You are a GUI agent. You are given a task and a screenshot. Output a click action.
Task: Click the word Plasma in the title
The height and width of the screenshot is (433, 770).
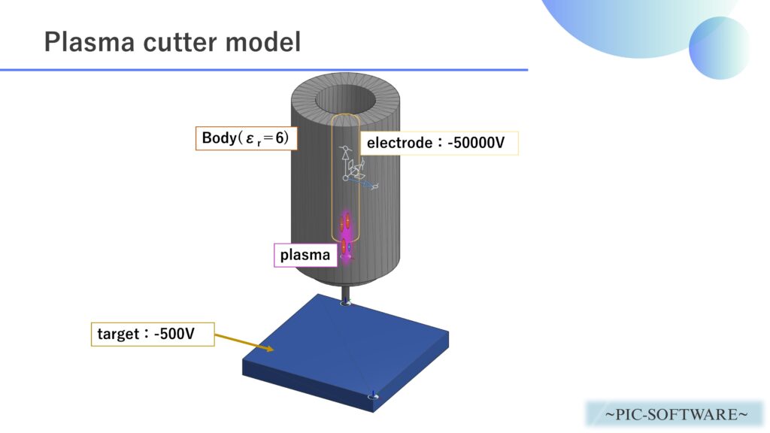pos(83,41)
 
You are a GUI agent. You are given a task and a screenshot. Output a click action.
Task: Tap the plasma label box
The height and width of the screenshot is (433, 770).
pos(305,255)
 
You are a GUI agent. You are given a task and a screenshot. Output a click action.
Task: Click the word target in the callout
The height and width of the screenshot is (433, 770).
pos(117,333)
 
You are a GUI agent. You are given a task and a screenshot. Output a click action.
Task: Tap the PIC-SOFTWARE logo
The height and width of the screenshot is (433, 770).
pos(675,414)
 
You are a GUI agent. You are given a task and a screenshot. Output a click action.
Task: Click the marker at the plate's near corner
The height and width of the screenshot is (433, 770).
pos(373,396)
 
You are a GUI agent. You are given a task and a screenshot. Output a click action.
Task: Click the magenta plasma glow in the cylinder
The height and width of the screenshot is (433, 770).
pos(347,235)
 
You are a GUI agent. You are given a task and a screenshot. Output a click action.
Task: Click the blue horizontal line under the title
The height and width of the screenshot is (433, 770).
pos(263,70)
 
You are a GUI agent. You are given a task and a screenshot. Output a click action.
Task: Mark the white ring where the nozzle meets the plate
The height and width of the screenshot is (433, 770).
pos(346,304)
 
